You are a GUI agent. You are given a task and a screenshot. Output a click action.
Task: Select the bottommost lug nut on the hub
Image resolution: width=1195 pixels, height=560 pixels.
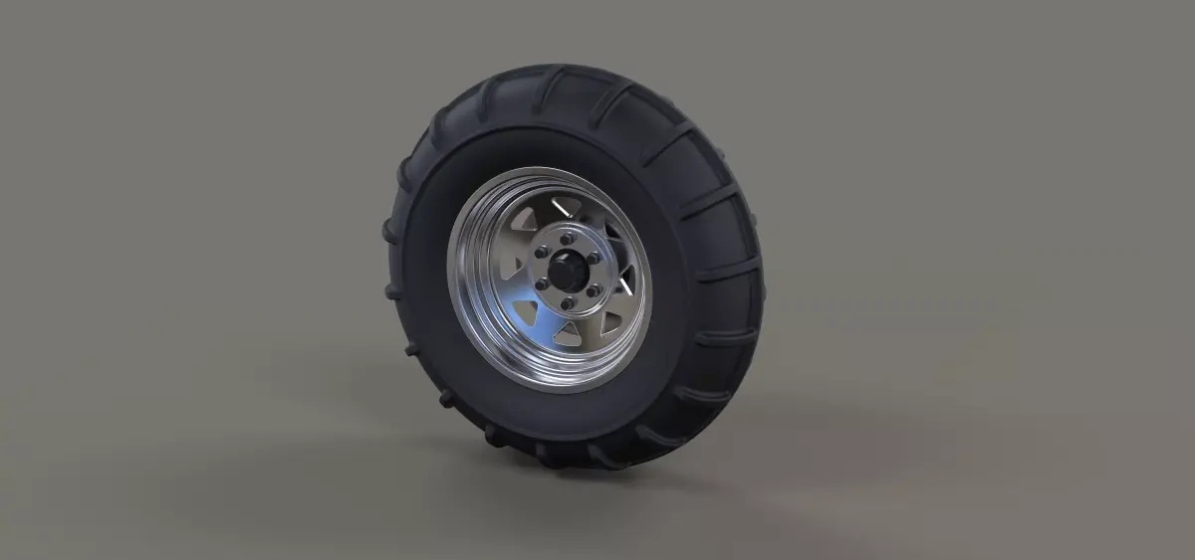[x=567, y=302]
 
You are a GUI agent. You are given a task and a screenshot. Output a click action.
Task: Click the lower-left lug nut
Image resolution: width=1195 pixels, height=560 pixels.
[x=542, y=283]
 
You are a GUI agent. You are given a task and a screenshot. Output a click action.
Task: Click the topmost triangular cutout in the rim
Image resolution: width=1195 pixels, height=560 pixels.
[x=564, y=205]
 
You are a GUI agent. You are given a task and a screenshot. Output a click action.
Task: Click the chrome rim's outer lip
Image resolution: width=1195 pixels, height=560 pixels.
[x=460, y=298]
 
